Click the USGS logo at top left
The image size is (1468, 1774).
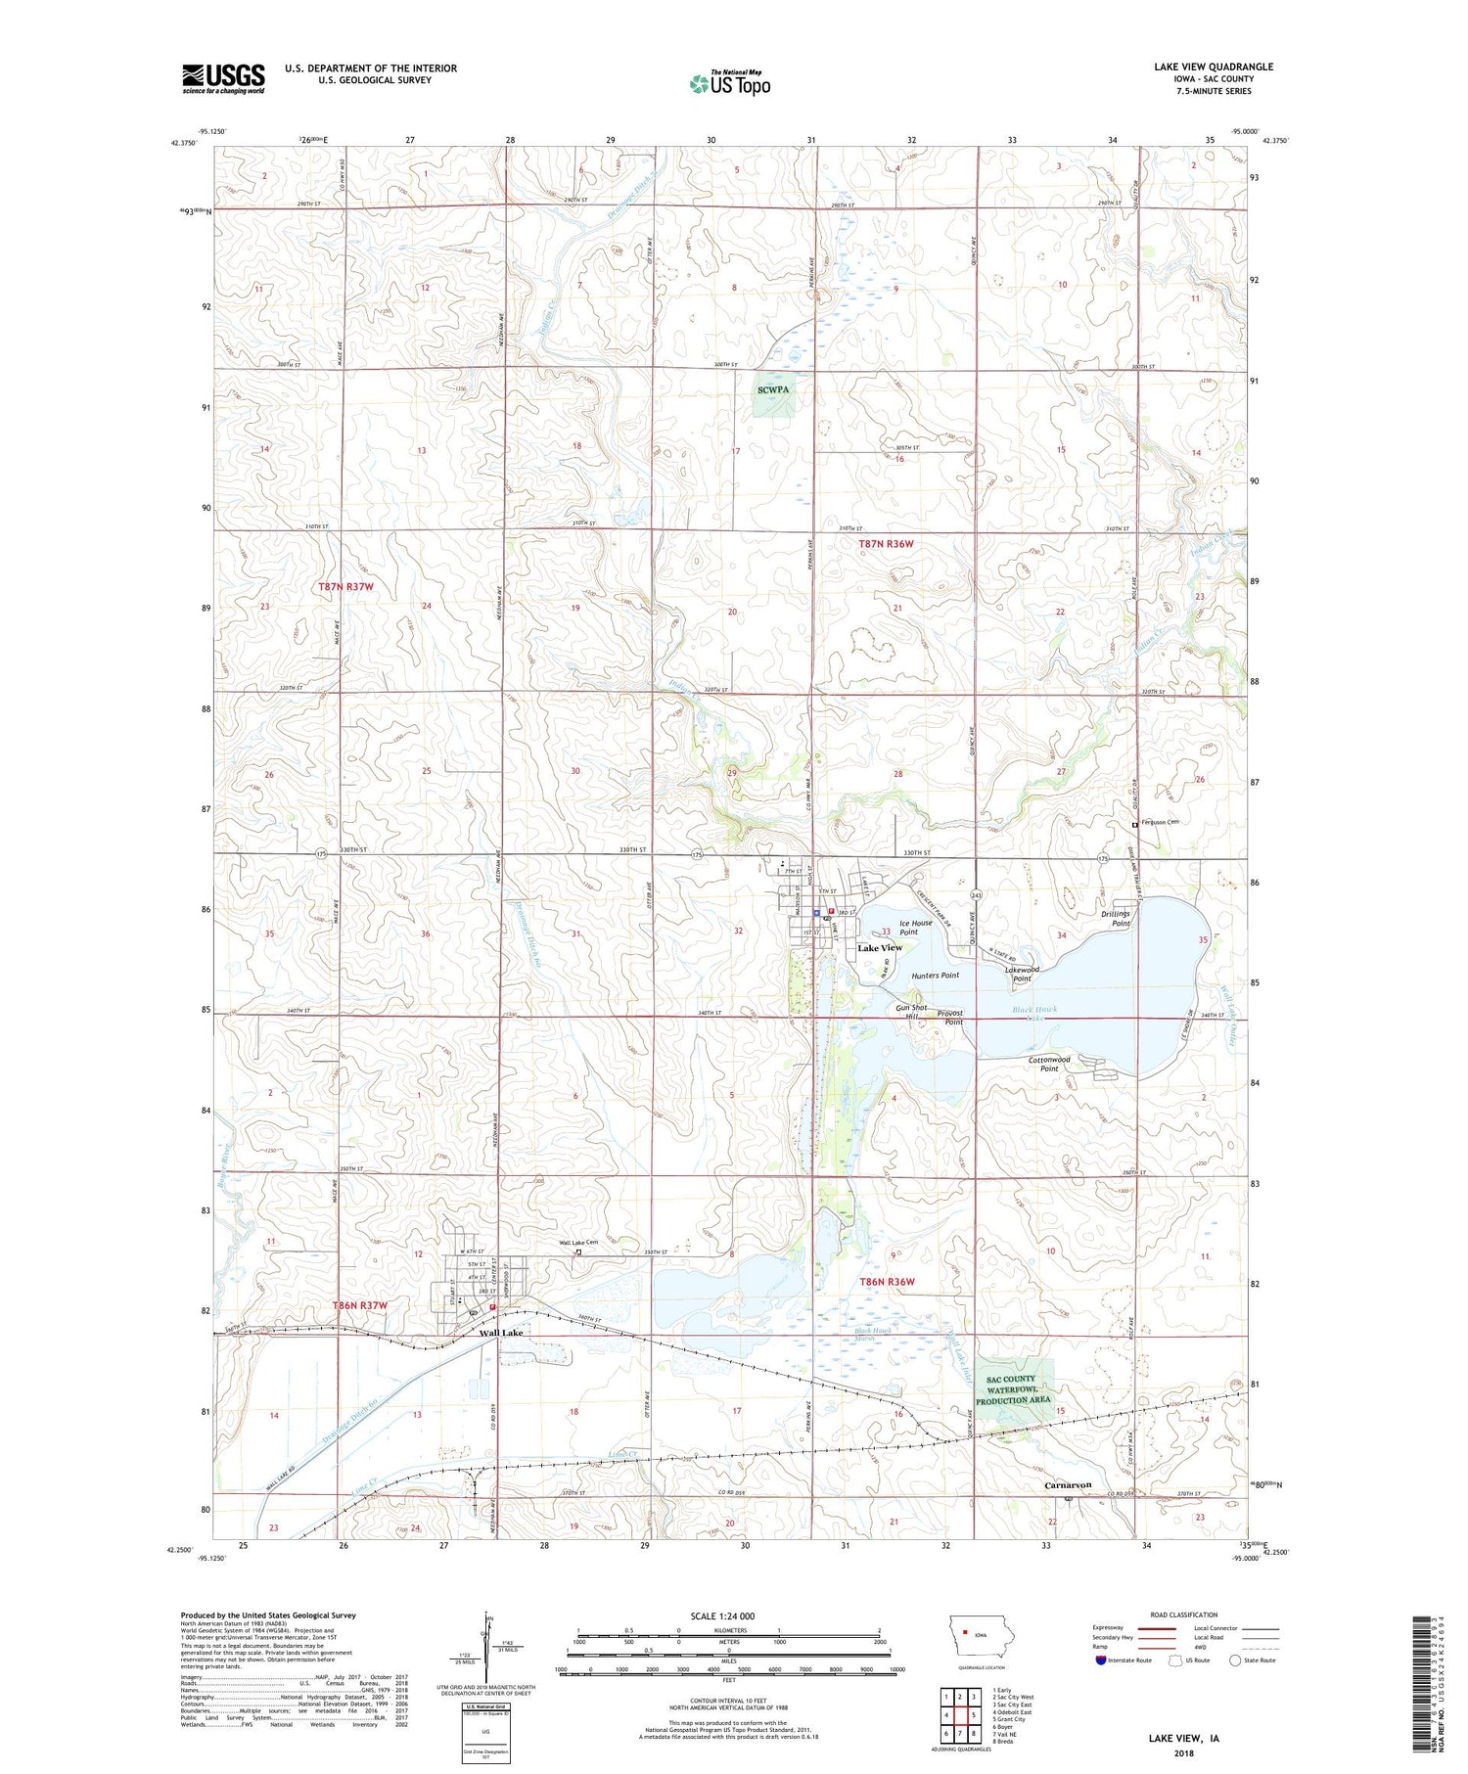223,78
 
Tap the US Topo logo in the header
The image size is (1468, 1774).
729,83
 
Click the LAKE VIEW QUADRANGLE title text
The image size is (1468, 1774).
1213,67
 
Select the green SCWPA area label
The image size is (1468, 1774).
772,389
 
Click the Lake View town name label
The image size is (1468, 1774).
880,948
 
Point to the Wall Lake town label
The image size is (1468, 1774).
500,1334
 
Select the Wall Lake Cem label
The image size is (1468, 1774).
577,1244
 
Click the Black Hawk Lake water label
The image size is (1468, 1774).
1033,1013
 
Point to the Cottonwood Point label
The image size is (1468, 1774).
1049,1064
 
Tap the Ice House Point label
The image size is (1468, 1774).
915,928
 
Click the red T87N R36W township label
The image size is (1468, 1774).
886,544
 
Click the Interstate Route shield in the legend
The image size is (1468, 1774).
1100,1660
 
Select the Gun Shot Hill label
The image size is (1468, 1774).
910,1012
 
